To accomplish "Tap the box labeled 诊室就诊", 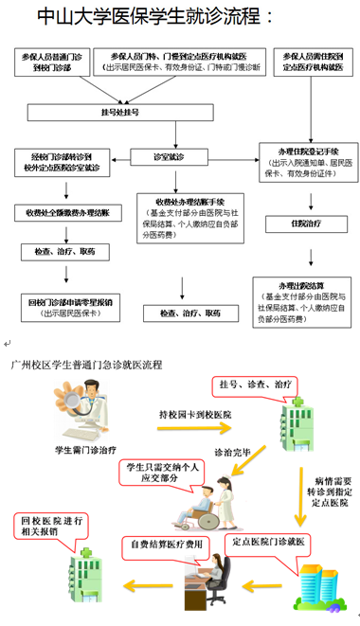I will pyautogui.click(x=169, y=155).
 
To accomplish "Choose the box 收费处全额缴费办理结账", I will pyautogui.click(x=67, y=212).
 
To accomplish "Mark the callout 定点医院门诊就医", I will pyautogui.click(x=262, y=543).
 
